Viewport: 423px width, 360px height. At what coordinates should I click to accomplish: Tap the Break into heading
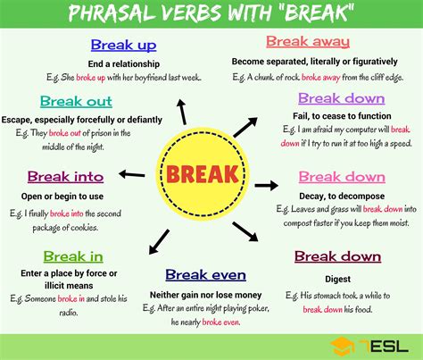click(x=65, y=177)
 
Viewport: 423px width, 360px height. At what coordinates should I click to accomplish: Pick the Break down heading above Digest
click(x=336, y=256)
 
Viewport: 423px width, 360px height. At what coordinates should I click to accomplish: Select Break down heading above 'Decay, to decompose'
click(x=342, y=177)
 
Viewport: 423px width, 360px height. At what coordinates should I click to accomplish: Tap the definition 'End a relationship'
click(x=124, y=63)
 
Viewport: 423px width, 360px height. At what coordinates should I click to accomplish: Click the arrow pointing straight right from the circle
click(x=266, y=185)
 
